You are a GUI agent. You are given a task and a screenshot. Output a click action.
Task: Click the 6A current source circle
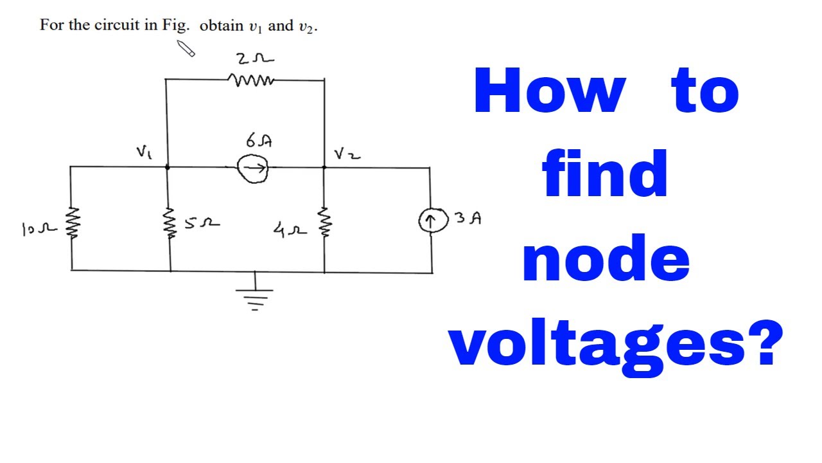252,169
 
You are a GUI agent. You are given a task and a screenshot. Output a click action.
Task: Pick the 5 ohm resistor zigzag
170,222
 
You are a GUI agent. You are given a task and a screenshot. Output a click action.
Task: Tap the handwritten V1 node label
143,152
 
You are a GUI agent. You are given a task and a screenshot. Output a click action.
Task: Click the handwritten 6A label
257,140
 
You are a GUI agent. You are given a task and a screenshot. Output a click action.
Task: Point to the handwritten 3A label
468,218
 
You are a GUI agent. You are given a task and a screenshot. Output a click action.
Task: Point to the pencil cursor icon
186,48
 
